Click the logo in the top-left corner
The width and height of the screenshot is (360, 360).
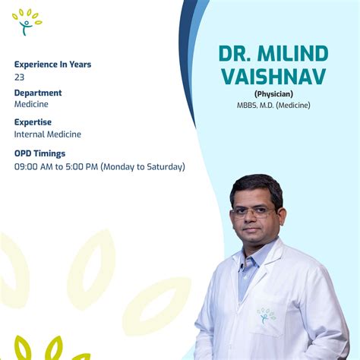click(27, 22)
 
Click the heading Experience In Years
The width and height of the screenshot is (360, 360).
click(52, 65)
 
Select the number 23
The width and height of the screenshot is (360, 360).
click(19, 77)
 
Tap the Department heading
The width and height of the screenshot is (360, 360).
click(38, 93)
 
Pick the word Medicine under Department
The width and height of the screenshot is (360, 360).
click(31, 105)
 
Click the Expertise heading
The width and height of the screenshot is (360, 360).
click(33, 122)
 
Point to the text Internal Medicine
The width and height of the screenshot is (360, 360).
click(48, 134)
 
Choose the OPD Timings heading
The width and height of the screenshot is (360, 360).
click(39, 153)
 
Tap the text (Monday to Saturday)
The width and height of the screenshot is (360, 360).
click(143, 166)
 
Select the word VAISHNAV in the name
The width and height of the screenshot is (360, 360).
click(273, 77)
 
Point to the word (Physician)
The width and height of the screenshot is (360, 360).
click(273, 94)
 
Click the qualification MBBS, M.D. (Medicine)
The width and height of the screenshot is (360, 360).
click(273, 105)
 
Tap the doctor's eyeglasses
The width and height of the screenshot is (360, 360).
click(253, 212)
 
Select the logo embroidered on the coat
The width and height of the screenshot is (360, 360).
click(266, 315)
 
